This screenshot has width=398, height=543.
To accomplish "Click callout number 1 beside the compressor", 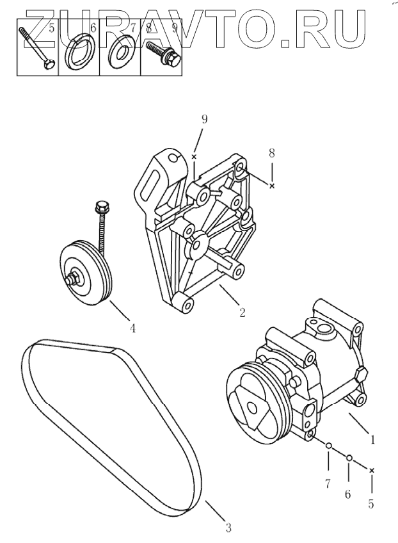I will coord(372,441).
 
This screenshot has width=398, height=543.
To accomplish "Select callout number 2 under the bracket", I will coord(243,313).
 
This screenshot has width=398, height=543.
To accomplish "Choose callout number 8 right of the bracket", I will coord(271,153).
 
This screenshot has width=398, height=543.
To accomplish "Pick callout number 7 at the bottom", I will coord(327,483).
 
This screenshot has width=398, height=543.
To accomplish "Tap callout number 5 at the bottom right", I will coord(371,503).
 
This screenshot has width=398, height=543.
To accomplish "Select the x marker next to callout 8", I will coord(272,186).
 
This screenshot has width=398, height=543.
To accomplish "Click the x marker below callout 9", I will coord(193,156).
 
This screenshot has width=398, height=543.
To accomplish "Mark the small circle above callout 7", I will coord(327,446).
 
